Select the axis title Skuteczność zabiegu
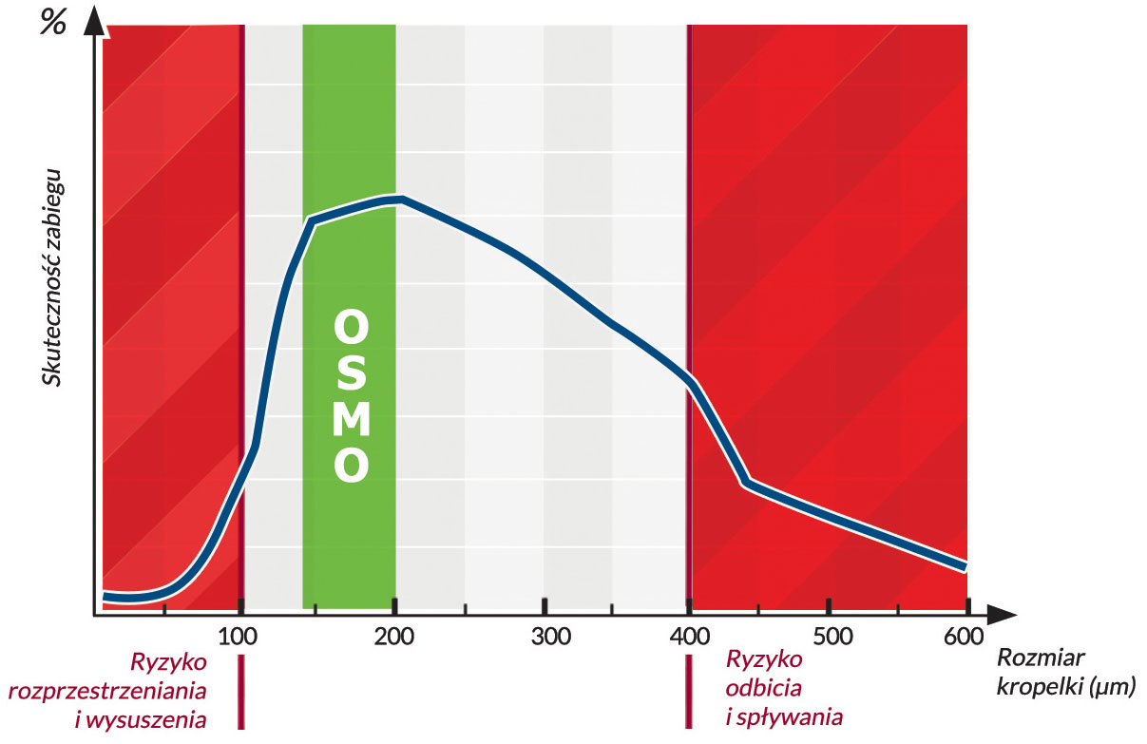point(53,276)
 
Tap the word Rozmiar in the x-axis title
point(1041,658)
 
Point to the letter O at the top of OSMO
point(350,329)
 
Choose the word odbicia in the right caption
point(763,688)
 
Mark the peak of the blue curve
point(401,199)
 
